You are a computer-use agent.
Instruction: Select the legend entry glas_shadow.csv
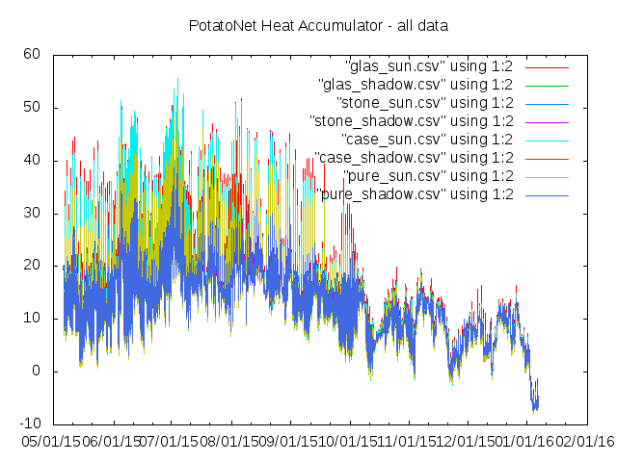[x=416, y=84]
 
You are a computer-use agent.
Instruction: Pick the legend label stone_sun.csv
[x=424, y=102]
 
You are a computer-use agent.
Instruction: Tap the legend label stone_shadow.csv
[x=412, y=120]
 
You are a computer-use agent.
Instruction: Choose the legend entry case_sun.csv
[x=426, y=139]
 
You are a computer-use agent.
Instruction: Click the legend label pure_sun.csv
[x=427, y=175]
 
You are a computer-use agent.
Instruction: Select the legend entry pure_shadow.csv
[x=415, y=193]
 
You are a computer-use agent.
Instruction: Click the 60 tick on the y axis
[x=33, y=54]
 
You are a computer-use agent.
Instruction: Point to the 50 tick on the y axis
[x=33, y=107]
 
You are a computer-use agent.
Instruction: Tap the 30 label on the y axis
[x=33, y=213]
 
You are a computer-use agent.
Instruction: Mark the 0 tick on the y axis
[x=37, y=372]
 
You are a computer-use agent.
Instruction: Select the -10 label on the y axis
[x=30, y=423]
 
